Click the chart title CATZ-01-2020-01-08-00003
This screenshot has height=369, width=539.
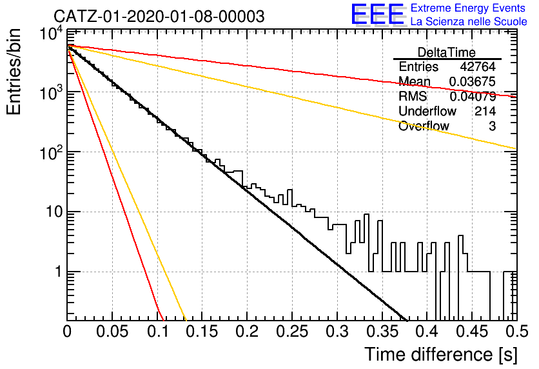tap(159, 16)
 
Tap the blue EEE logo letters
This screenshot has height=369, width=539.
tap(378, 14)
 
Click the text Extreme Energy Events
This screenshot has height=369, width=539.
tap(468, 8)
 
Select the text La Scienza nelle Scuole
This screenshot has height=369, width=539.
tap(469, 21)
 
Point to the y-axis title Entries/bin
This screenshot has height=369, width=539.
tap(14, 72)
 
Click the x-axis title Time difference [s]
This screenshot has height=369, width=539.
tap(441, 355)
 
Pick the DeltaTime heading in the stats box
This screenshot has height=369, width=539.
tap(446, 52)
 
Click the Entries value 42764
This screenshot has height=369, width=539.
tap(478, 66)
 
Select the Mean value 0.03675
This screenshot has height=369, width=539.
tap(473, 81)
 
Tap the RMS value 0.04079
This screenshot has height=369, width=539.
tap(473, 96)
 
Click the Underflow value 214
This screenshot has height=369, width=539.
tap(485, 111)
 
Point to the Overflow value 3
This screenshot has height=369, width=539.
tap(492, 126)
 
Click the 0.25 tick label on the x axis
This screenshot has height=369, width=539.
tap(292, 332)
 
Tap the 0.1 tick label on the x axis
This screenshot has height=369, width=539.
tap(158, 332)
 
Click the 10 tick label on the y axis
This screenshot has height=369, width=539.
tap(54, 212)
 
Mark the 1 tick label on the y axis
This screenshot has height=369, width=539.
tap(58, 272)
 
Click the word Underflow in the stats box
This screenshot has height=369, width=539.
tap(427, 111)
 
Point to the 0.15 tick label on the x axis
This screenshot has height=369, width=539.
tap(202, 332)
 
